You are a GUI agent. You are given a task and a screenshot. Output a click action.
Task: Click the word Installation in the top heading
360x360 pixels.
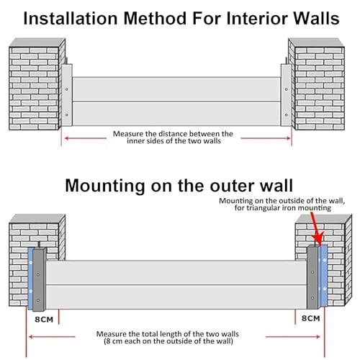point(71,18)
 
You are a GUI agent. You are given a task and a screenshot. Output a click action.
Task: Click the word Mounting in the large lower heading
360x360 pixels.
point(105,186)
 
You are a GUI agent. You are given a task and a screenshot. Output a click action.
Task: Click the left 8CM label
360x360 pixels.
point(44,320)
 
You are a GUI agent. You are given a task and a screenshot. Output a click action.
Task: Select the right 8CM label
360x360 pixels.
point(311,318)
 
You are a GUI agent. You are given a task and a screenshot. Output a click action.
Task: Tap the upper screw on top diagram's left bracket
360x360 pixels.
point(67,89)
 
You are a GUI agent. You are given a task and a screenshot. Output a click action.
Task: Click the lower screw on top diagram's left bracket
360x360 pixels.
point(67,115)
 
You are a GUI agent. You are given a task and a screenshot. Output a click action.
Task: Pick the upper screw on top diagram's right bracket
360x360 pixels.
point(287,89)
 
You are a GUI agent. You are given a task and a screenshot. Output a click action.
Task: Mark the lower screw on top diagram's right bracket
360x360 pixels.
point(287,115)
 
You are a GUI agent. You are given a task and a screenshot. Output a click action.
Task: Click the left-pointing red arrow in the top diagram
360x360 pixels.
point(86,138)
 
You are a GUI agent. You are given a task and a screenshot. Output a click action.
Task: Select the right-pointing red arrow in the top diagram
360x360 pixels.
point(266,138)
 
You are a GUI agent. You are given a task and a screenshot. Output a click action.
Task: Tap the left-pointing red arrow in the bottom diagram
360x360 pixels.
point(52,337)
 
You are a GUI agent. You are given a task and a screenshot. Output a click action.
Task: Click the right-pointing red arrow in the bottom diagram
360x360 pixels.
point(293,337)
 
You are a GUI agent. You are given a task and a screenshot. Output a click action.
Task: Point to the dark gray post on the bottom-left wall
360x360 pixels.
point(39,279)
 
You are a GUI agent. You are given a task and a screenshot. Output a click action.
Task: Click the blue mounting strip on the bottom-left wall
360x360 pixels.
point(30,279)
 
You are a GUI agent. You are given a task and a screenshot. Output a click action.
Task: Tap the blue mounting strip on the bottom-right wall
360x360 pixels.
point(323,276)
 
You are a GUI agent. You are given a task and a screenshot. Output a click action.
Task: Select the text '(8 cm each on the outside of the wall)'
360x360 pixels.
point(168,341)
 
